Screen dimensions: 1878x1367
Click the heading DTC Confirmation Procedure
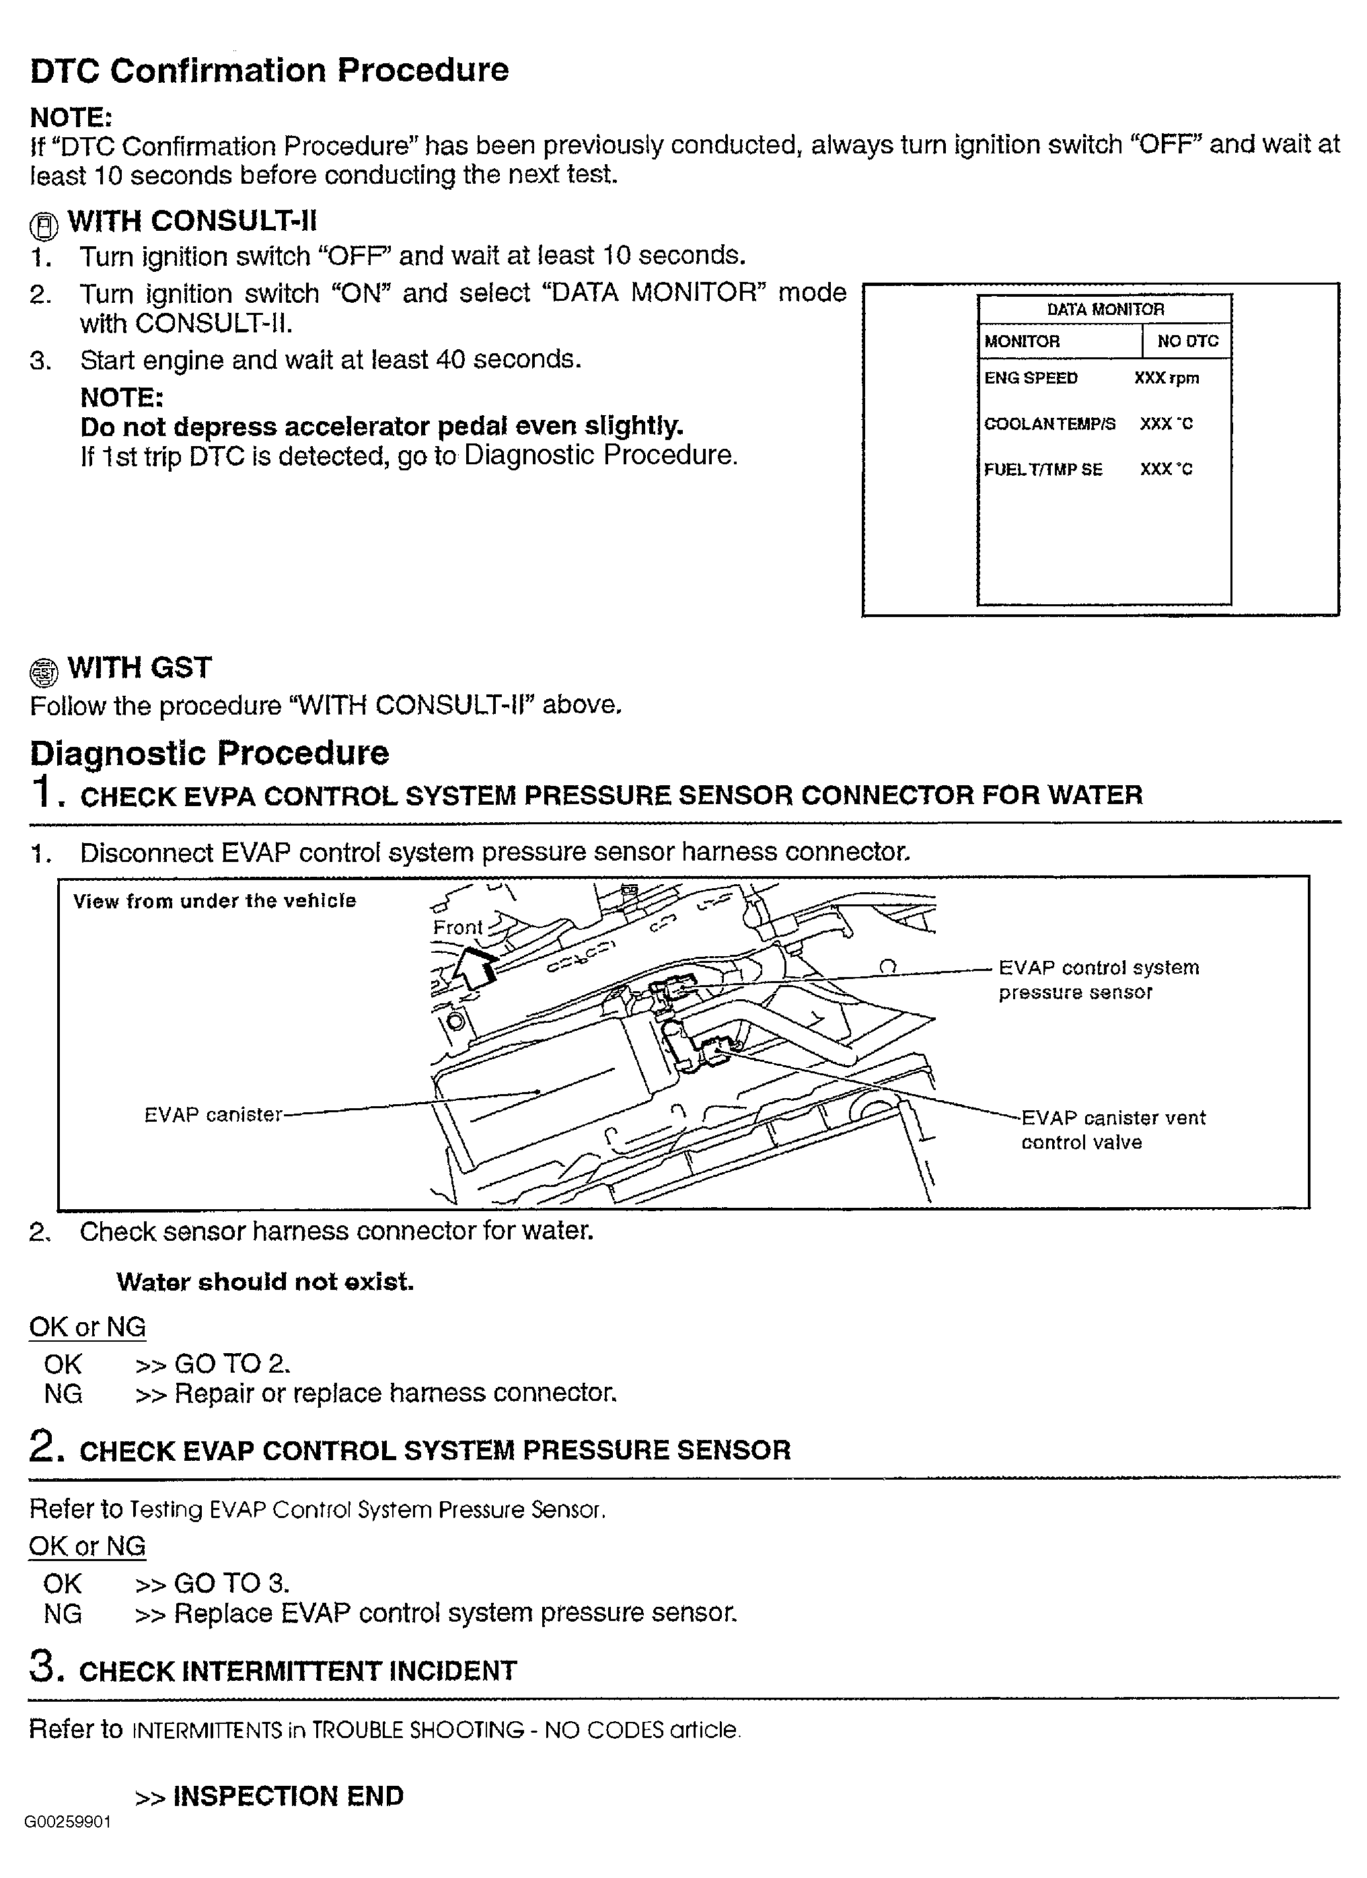click(269, 71)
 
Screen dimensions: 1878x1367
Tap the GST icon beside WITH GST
click(44, 672)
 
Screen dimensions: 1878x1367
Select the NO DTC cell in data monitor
click(1187, 341)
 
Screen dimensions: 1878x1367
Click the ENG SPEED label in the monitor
click(1030, 378)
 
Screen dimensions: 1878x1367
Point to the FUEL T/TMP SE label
click(1043, 470)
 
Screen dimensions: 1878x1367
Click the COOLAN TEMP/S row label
click(1049, 424)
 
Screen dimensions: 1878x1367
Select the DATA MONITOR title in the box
click(1105, 310)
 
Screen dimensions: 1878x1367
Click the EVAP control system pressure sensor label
click(1098, 980)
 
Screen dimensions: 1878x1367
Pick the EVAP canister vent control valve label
click(1112, 1130)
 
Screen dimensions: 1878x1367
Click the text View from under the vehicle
click(215, 901)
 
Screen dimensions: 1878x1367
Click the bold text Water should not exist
click(265, 1282)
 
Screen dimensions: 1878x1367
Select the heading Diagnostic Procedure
click(209, 753)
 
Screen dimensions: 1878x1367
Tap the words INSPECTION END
click(287, 1795)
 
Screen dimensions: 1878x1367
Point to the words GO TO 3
click(231, 1583)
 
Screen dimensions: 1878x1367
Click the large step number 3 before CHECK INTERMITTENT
click(44, 1667)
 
